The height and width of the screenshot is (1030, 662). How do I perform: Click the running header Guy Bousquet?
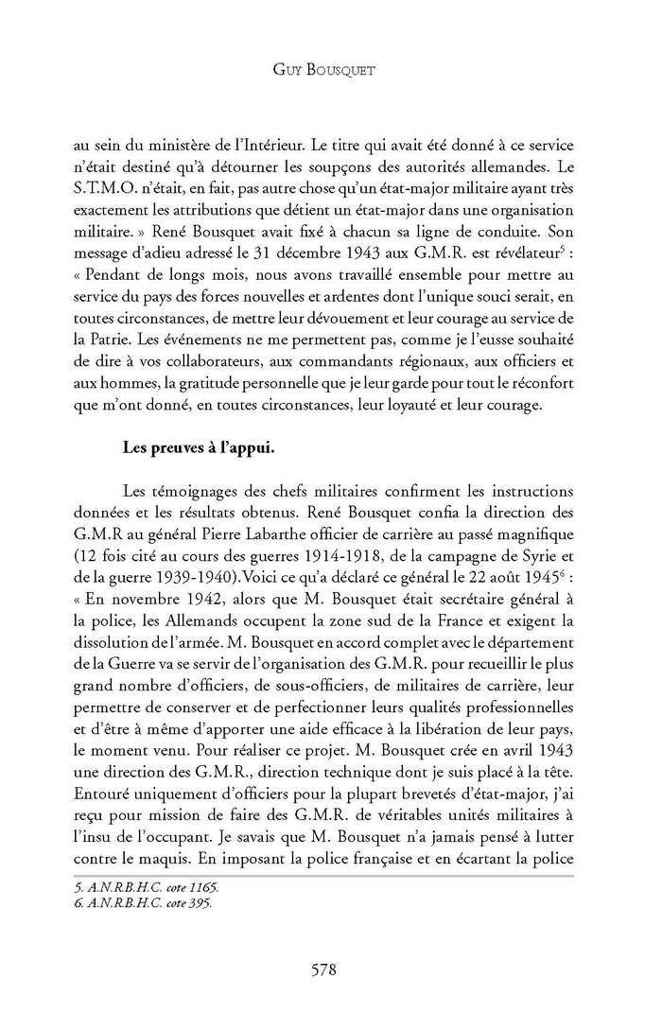tap(330, 70)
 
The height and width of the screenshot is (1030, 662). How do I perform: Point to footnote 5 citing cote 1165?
tap(153, 889)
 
